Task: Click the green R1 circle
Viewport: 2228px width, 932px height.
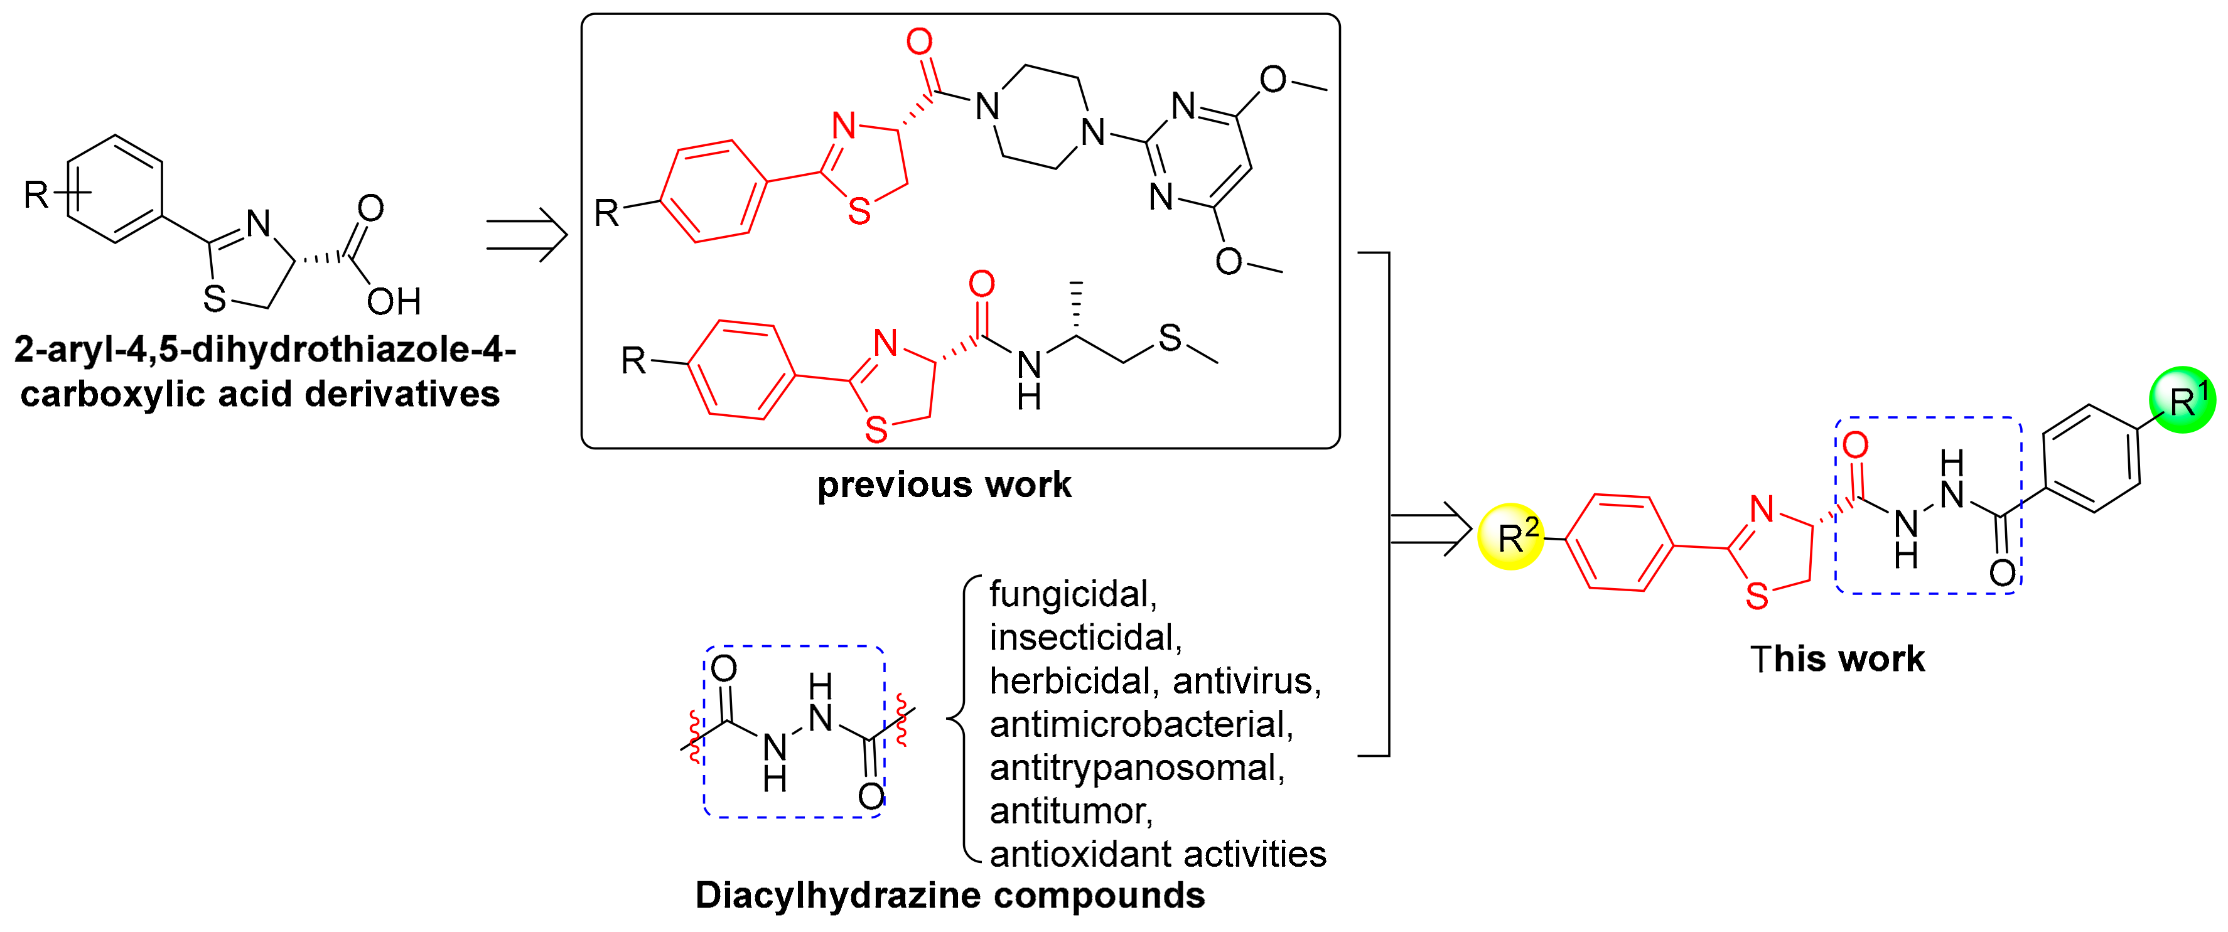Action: click(x=2182, y=399)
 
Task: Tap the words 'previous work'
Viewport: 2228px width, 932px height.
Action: click(x=944, y=485)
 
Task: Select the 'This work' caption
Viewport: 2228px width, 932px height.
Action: click(x=1837, y=659)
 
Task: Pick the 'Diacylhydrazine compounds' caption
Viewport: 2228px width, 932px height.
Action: click(x=950, y=896)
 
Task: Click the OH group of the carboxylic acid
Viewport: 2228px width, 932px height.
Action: click(x=394, y=302)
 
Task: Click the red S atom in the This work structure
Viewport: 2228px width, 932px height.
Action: click(x=1757, y=597)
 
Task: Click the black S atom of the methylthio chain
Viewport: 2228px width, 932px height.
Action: click(x=1170, y=338)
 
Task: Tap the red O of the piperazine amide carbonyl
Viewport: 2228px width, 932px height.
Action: click(x=920, y=41)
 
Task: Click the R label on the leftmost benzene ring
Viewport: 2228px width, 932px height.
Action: click(x=35, y=195)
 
